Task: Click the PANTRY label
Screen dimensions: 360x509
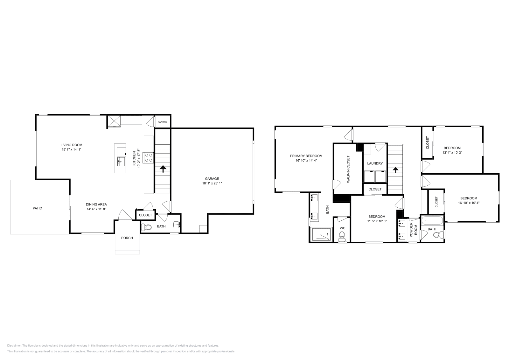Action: click(x=162, y=122)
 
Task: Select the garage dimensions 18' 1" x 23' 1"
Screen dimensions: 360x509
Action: click(x=212, y=183)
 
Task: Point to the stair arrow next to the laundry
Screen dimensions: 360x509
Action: click(x=395, y=170)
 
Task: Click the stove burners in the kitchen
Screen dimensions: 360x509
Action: click(x=149, y=157)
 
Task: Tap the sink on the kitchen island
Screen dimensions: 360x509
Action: click(x=121, y=162)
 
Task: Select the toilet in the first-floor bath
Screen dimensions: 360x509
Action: click(x=147, y=227)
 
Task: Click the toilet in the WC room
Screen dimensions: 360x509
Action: click(x=342, y=236)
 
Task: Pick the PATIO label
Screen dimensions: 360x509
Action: click(x=38, y=208)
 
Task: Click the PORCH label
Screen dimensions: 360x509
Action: click(x=127, y=238)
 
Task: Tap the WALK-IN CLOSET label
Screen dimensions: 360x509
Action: click(x=348, y=169)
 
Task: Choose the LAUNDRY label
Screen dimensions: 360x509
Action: click(x=375, y=163)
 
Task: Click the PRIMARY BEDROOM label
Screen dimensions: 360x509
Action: click(x=306, y=156)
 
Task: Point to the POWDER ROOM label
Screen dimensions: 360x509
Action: click(x=413, y=230)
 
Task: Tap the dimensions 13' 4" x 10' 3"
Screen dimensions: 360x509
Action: click(x=452, y=153)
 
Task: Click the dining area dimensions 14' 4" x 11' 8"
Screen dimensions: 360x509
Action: click(x=96, y=209)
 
